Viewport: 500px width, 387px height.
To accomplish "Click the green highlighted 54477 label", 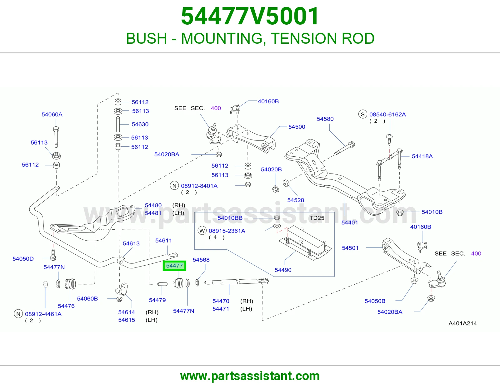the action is point(174,266).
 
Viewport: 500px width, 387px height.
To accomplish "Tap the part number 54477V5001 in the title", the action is point(250,16).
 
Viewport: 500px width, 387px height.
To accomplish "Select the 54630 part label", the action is point(140,124).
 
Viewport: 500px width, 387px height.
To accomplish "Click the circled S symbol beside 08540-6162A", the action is point(362,114).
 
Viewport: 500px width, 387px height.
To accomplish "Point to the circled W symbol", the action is point(202,231).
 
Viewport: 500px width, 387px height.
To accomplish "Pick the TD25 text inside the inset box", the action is point(317,218).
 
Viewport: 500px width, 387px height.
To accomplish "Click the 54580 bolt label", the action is point(325,119).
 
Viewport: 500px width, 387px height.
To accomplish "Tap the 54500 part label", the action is point(297,127).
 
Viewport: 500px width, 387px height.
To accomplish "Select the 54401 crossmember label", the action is point(350,223).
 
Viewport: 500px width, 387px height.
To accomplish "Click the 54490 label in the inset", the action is point(283,270).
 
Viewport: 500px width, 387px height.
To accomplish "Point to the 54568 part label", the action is point(201,260).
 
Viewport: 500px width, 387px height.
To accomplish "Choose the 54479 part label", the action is point(157,300).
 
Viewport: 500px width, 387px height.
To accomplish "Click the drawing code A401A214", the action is point(463,323).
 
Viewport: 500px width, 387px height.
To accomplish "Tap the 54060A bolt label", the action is point(52,115).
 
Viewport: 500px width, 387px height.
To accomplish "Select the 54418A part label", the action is point(422,156).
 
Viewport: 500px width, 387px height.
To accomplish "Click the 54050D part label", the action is point(23,259).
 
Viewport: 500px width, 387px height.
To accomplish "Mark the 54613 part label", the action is point(131,243).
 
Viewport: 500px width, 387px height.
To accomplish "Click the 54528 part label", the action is point(296,200).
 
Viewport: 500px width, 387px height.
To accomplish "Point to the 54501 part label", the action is point(350,248).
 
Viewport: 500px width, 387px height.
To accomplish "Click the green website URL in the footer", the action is point(250,376).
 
